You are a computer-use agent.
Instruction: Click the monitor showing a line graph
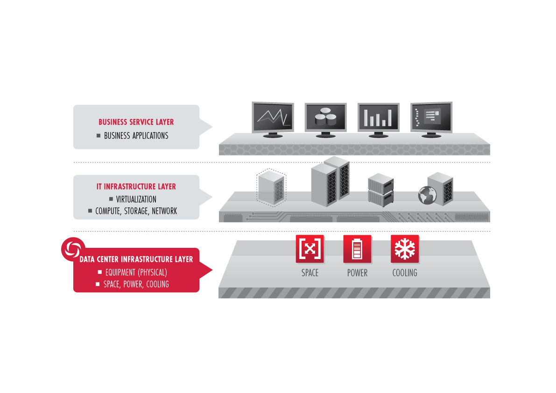pyautogui.click(x=273, y=117)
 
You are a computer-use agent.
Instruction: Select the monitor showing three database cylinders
pyautogui.click(x=325, y=117)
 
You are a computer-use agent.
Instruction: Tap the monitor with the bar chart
pyautogui.click(x=378, y=117)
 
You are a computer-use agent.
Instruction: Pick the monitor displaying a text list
pyautogui.click(x=431, y=117)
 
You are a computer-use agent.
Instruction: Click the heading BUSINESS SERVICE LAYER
pyautogui.click(x=136, y=122)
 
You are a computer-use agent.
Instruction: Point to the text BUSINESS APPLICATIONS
pyautogui.click(x=136, y=136)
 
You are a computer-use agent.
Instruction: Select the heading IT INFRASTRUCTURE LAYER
pyautogui.click(x=136, y=187)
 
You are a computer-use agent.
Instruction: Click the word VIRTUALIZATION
pyautogui.click(x=136, y=199)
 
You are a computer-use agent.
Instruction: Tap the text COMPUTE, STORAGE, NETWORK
pyautogui.click(x=136, y=211)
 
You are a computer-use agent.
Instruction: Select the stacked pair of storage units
pyautogui.click(x=380, y=189)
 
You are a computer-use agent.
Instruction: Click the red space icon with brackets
pyautogui.click(x=310, y=249)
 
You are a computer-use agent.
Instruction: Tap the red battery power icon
pyautogui.click(x=357, y=249)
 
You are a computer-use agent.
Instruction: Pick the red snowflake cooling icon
pyautogui.click(x=405, y=249)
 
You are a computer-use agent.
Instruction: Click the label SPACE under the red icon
pyautogui.click(x=310, y=273)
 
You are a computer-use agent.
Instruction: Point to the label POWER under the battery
pyautogui.click(x=357, y=273)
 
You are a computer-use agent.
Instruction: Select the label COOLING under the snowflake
pyautogui.click(x=405, y=273)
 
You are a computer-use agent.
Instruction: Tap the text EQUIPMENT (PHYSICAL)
pyautogui.click(x=136, y=273)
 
